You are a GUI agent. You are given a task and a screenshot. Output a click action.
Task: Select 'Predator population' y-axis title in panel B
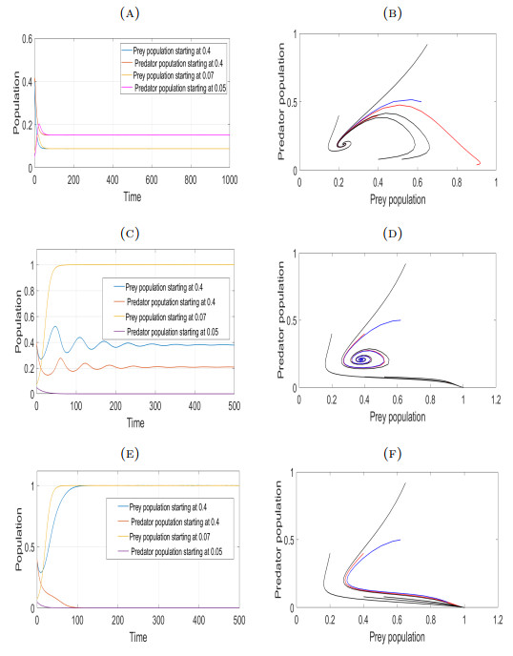click(x=274, y=102)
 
